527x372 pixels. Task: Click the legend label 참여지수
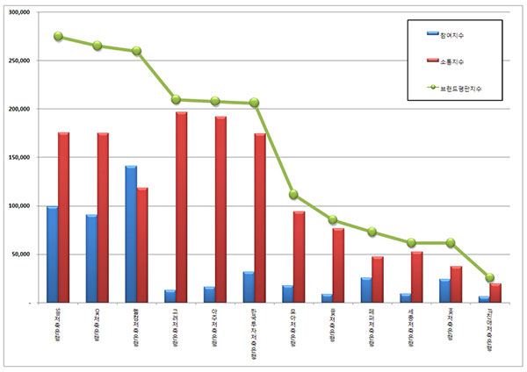click(453, 34)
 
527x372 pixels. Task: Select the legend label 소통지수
click(453, 61)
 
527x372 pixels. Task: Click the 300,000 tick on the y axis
click(18, 13)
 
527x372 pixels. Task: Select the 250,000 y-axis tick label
click(18, 61)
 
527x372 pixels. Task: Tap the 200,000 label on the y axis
click(18, 110)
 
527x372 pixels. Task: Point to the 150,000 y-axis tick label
click(18, 158)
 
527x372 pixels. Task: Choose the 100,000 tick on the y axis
click(18, 206)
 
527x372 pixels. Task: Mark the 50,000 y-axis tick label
click(20, 254)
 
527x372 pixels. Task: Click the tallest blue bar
click(131, 233)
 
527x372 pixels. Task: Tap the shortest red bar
click(495, 293)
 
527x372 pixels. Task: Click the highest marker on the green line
click(58, 37)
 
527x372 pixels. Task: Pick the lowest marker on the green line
click(490, 277)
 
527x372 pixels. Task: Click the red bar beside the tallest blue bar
click(142, 245)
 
